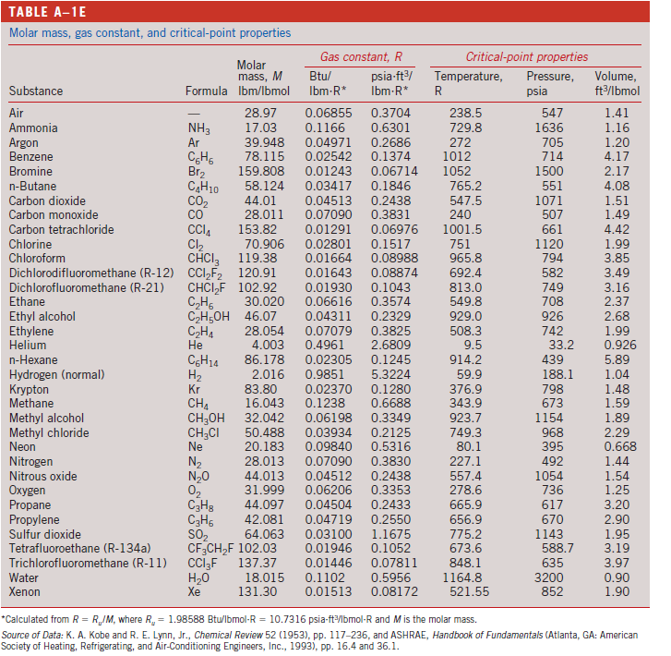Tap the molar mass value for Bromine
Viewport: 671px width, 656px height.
click(261, 171)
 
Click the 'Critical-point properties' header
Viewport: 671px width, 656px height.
click(525, 56)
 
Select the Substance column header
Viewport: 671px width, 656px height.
click(36, 91)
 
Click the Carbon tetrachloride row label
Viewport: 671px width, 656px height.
click(61, 228)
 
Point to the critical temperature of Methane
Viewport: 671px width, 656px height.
click(463, 403)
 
